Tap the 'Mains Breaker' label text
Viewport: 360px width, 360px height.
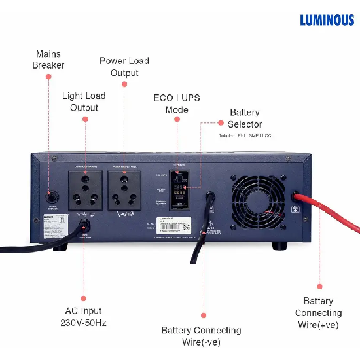point(48,59)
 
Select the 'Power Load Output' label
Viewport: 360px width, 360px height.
point(124,67)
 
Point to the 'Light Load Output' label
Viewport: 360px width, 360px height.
point(84,101)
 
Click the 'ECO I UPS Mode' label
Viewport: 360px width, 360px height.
point(176,103)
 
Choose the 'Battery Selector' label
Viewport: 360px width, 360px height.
point(245,118)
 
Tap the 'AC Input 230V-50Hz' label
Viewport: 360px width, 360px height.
point(83,316)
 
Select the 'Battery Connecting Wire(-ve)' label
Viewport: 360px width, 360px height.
point(202,336)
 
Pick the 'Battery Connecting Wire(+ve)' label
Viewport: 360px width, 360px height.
point(318,313)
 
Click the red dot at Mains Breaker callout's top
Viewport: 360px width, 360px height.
point(48,77)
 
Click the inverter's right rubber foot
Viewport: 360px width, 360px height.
point(279,247)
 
